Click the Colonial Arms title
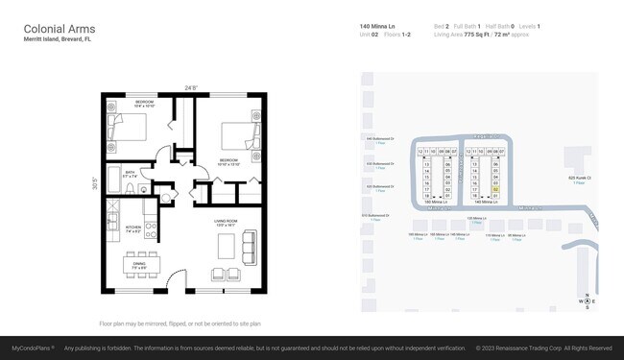(x=59, y=30)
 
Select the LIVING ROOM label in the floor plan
(x=226, y=222)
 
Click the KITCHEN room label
(x=133, y=228)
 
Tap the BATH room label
(x=131, y=174)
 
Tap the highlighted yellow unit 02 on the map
(x=495, y=190)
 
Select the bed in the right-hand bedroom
(x=234, y=137)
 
